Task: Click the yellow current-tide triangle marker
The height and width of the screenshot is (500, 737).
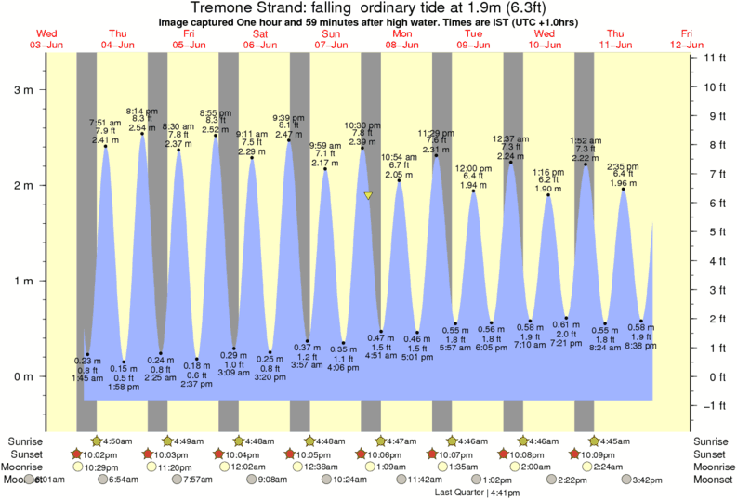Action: tap(368, 196)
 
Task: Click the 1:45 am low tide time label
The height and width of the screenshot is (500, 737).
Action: tap(87, 378)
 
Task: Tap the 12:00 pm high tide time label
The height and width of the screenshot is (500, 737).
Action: tap(473, 168)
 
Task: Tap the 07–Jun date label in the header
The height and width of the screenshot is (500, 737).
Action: tap(331, 45)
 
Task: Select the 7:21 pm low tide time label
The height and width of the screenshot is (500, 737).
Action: tap(566, 343)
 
